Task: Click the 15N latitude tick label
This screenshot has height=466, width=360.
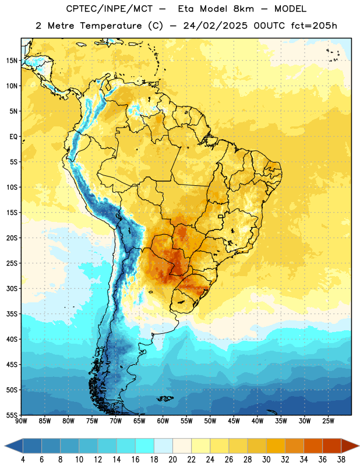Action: (x=12, y=61)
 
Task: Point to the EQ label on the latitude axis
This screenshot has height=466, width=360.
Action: (x=13, y=137)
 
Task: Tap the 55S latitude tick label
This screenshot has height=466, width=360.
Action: (x=12, y=415)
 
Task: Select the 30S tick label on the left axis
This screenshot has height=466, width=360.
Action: (x=12, y=288)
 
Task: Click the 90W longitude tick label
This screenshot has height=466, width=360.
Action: (x=21, y=421)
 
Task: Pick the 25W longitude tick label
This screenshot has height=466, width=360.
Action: (x=328, y=421)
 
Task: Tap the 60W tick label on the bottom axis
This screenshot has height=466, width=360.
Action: (x=163, y=421)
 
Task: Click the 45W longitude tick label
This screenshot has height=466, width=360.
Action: (x=234, y=421)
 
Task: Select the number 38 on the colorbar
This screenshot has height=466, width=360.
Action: (x=341, y=460)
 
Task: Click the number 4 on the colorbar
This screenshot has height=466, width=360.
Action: (x=23, y=460)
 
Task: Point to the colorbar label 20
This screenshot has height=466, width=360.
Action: (x=172, y=460)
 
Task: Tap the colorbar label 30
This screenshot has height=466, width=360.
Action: (x=266, y=460)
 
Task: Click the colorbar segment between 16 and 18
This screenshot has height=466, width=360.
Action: (x=145, y=446)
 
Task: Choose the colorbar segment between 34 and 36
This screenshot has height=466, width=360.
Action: (x=313, y=446)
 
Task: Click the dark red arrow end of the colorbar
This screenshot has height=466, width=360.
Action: (x=350, y=446)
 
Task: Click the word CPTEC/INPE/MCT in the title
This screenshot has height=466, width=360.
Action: (x=110, y=9)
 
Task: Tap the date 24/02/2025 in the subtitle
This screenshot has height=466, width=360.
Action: (x=215, y=26)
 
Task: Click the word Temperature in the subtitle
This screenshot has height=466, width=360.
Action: (x=111, y=26)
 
